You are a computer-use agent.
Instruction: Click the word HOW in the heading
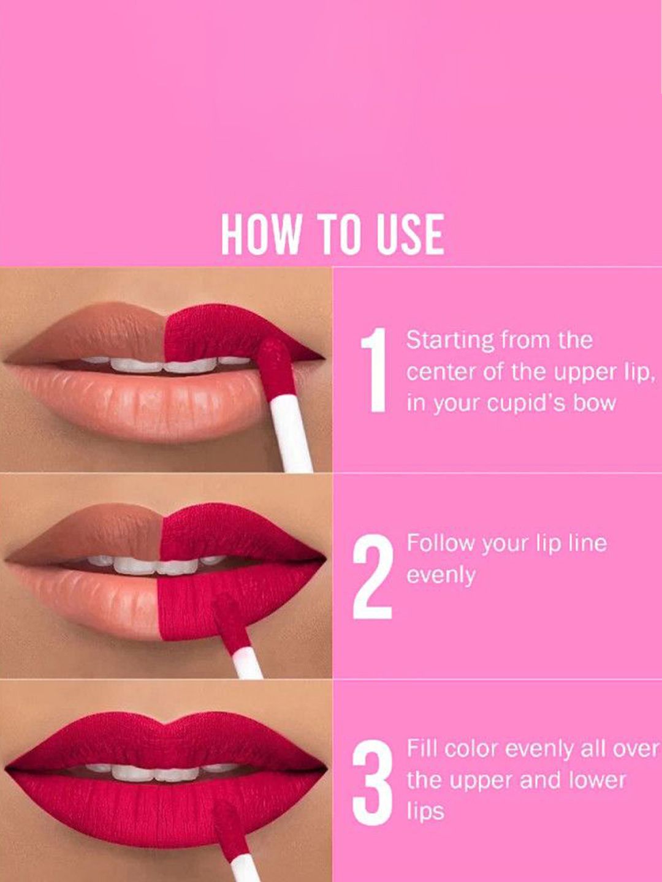click(x=260, y=234)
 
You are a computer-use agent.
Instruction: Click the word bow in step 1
click(x=596, y=402)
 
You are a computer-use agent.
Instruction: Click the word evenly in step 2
click(x=441, y=576)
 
